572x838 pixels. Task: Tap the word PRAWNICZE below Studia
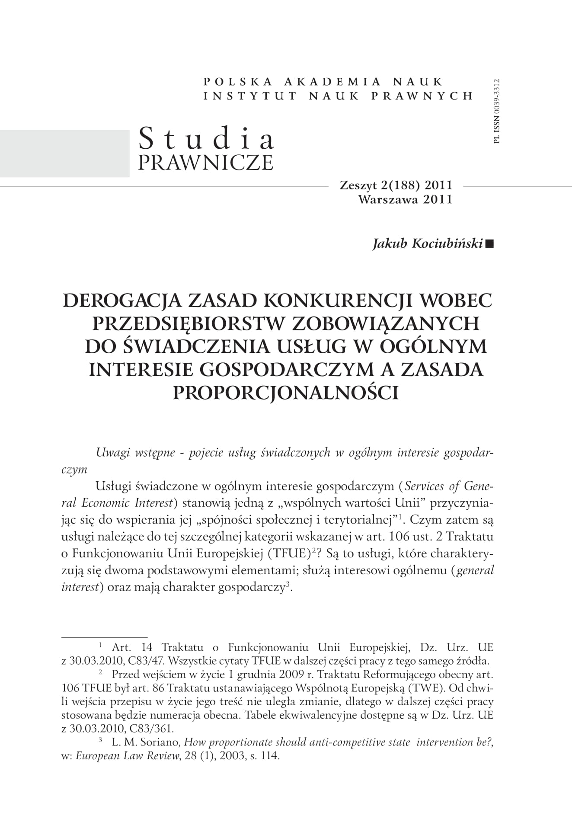(205, 162)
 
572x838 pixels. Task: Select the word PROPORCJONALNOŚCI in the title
(285, 393)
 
